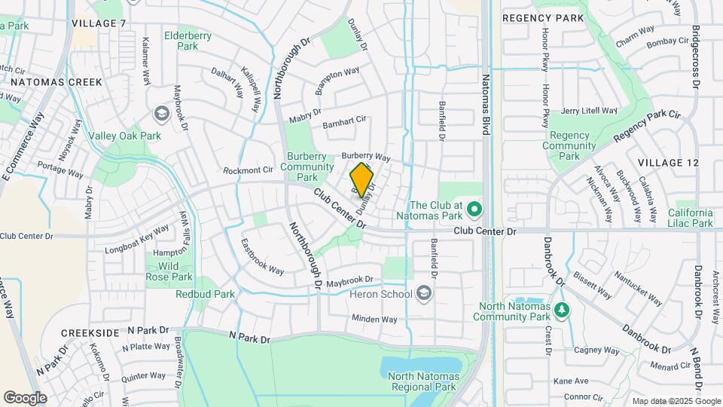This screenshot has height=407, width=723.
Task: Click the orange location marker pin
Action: (x=362, y=179)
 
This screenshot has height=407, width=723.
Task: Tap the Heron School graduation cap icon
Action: (x=424, y=292)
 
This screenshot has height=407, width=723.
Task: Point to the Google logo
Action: (x=25, y=397)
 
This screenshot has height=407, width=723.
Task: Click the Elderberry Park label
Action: (x=177, y=40)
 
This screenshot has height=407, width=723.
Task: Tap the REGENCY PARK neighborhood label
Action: (x=542, y=17)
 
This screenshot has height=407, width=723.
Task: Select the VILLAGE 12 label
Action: (x=668, y=163)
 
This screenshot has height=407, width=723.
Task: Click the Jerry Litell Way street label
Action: (x=589, y=111)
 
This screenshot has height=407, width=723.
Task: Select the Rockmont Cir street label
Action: (x=248, y=170)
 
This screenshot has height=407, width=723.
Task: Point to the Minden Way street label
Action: (x=374, y=319)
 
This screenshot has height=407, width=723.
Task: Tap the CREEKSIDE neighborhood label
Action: (x=90, y=332)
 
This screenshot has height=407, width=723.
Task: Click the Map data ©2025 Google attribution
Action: (x=676, y=401)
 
